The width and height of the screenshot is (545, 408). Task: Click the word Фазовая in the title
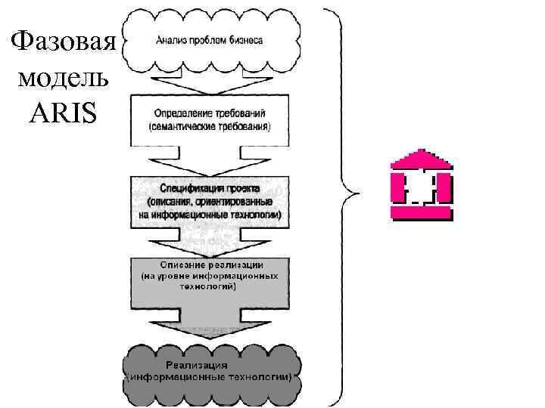pos(63,40)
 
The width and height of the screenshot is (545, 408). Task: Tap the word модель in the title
pos(63,78)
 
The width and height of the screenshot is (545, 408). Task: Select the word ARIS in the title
pos(63,113)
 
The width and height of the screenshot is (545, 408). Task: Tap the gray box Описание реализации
pos(210,280)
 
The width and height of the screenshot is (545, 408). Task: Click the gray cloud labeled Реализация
pos(210,371)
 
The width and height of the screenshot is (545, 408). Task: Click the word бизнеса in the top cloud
pos(244,40)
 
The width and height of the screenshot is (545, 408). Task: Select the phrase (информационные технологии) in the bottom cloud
pos(210,376)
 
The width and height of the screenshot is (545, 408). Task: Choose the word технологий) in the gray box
pos(210,288)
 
